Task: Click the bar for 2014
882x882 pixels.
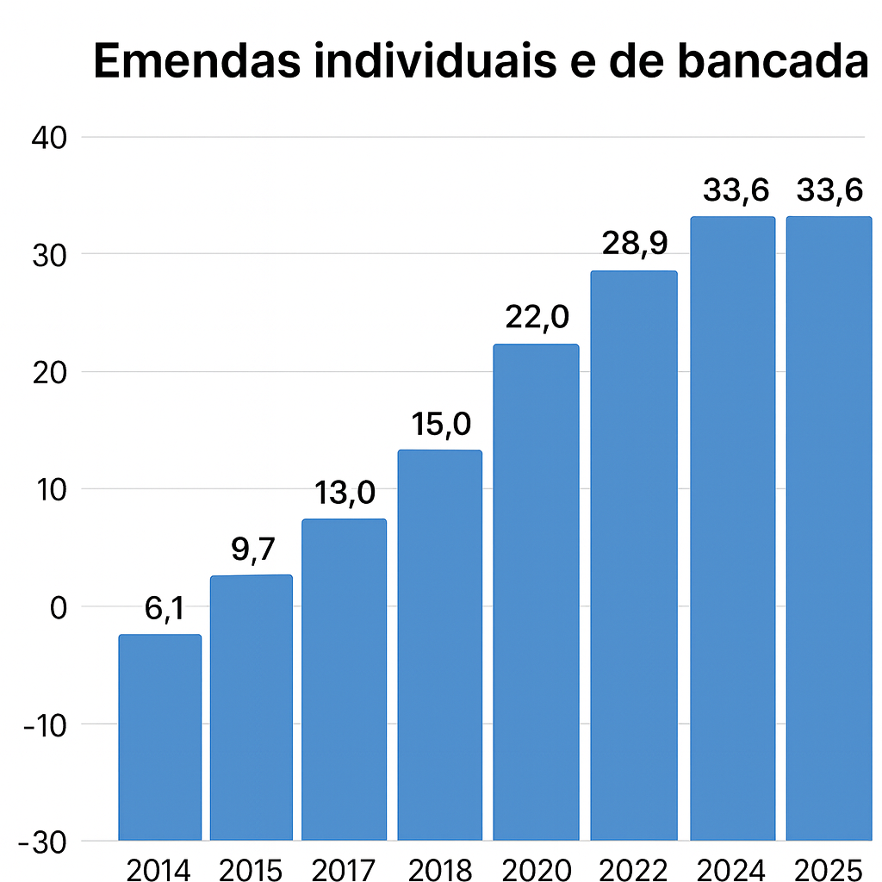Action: coord(160,736)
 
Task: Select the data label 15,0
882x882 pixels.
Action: coord(439,425)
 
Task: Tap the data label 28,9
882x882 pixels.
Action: coord(635,245)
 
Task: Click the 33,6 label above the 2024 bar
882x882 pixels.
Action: coord(736,189)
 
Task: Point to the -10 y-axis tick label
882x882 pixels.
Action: coord(47,724)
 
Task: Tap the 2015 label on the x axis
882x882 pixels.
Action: coord(251,868)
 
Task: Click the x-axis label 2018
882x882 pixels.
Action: coord(440,868)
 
